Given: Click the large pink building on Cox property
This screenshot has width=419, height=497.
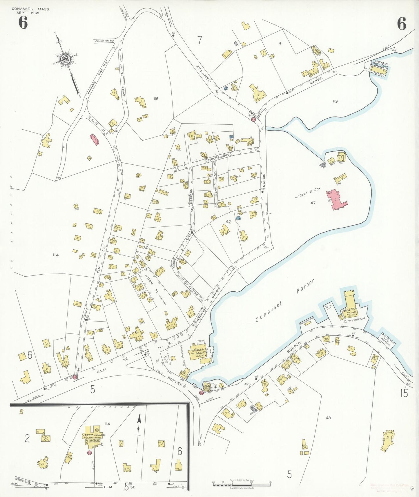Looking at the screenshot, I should [336, 200].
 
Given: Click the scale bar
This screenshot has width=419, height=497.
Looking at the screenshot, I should [242, 483].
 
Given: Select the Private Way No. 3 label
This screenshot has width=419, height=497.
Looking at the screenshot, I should [104, 41].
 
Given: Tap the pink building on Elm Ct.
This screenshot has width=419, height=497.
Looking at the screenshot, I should [95, 140].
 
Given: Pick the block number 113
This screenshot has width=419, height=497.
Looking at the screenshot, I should [335, 101].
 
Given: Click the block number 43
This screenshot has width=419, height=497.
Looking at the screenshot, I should [328, 418].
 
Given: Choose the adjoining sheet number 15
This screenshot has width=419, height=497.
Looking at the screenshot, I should [404, 393].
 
